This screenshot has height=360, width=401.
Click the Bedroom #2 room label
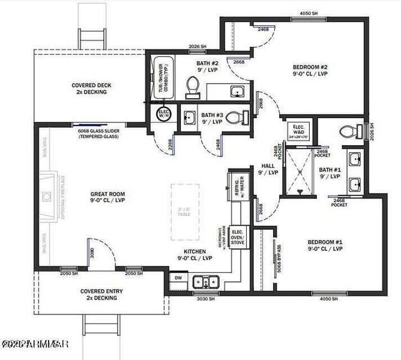pyautogui.click(x=309, y=70)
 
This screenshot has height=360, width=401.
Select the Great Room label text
pyautogui.click(x=107, y=197)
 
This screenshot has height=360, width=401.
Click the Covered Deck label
pyautogui.click(x=91, y=89)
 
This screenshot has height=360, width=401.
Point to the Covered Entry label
pyautogui.click(x=98, y=294)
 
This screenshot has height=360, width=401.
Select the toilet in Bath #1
pyautogui.click(x=347, y=131)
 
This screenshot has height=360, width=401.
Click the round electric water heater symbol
pyautogui.click(x=163, y=113)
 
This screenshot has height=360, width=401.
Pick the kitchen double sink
pyautogui.click(x=206, y=281)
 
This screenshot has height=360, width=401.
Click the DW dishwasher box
pyautogui.click(x=178, y=278)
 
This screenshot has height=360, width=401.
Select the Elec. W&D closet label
pyautogui.click(x=298, y=131)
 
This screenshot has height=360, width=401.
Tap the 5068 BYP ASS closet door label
pyautogui.click(x=279, y=257)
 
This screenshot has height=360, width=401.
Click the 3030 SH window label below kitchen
pyautogui.click(x=205, y=295)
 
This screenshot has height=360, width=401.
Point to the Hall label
pyautogui.click(x=268, y=169)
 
